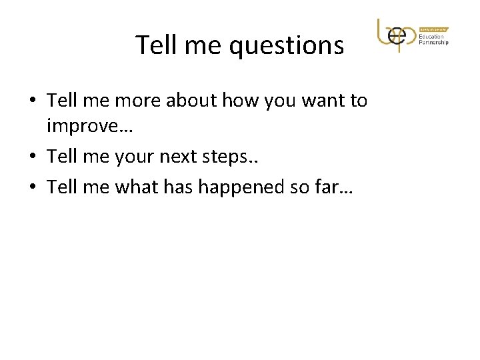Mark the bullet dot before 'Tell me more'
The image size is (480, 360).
point(33,102)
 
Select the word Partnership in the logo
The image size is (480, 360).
point(434,43)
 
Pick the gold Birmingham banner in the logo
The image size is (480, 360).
point(434,29)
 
